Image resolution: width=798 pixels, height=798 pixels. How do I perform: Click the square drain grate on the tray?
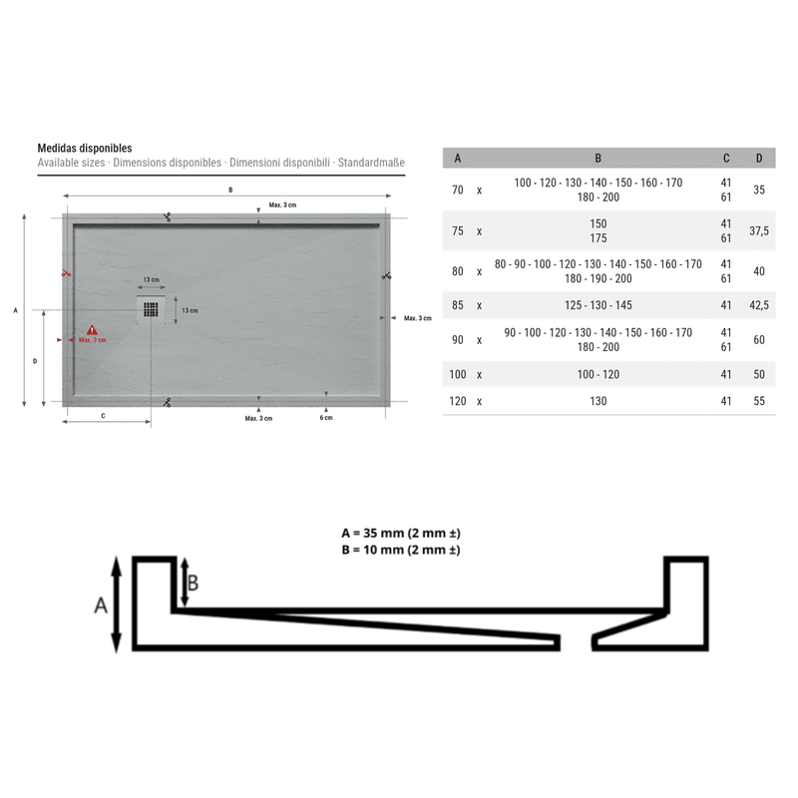(x=151, y=308)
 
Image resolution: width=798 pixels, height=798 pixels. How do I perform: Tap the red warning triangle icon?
(x=92, y=329)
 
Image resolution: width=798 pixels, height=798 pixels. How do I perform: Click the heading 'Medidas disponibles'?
(x=85, y=147)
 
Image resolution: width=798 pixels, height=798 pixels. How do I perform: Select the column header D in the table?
(x=759, y=159)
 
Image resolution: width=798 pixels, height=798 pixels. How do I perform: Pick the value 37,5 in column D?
(x=759, y=230)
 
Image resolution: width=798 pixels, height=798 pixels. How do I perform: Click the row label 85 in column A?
(x=458, y=305)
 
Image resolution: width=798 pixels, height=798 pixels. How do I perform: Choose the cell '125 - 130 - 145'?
(x=598, y=305)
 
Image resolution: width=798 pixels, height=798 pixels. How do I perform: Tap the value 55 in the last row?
(x=759, y=401)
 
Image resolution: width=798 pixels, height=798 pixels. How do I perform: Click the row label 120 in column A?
(x=458, y=401)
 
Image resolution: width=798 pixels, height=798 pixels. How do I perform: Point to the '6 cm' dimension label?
(x=326, y=418)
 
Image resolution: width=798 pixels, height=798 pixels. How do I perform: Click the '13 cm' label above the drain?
(x=151, y=280)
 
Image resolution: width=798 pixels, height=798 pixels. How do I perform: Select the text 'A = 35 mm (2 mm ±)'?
(x=399, y=533)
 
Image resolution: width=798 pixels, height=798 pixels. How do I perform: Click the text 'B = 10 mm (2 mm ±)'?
(x=399, y=550)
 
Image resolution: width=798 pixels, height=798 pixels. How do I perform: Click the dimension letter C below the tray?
(x=104, y=414)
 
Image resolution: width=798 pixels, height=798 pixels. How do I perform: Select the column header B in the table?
(x=598, y=159)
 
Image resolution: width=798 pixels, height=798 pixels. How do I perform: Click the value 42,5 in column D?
(x=759, y=305)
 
